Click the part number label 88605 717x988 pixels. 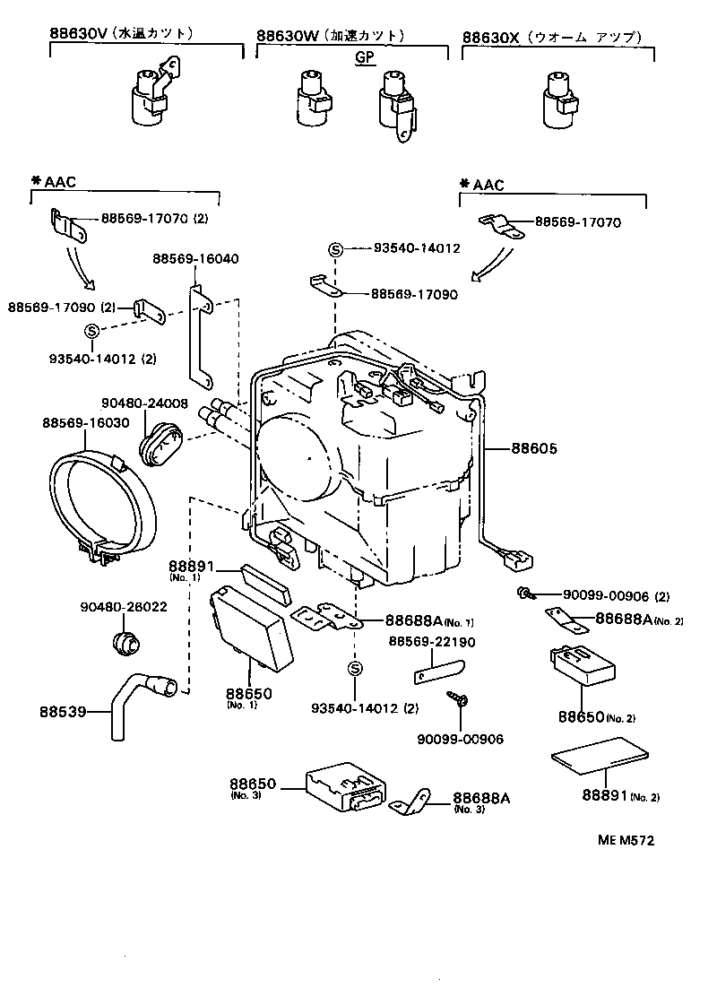534,448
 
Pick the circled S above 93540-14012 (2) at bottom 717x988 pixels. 355,669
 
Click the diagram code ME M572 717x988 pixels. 626,840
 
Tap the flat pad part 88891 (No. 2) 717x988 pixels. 597,755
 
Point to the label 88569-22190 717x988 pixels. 432,642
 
